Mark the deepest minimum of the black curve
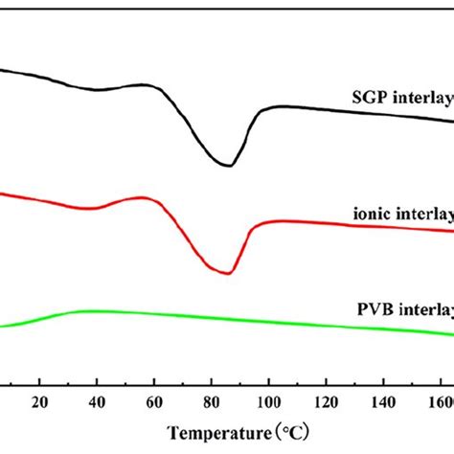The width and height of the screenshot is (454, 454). pyautogui.click(x=227, y=166)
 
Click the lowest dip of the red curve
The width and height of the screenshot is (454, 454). pyautogui.click(x=227, y=273)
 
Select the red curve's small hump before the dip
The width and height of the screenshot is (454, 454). pyautogui.click(x=146, y=197)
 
